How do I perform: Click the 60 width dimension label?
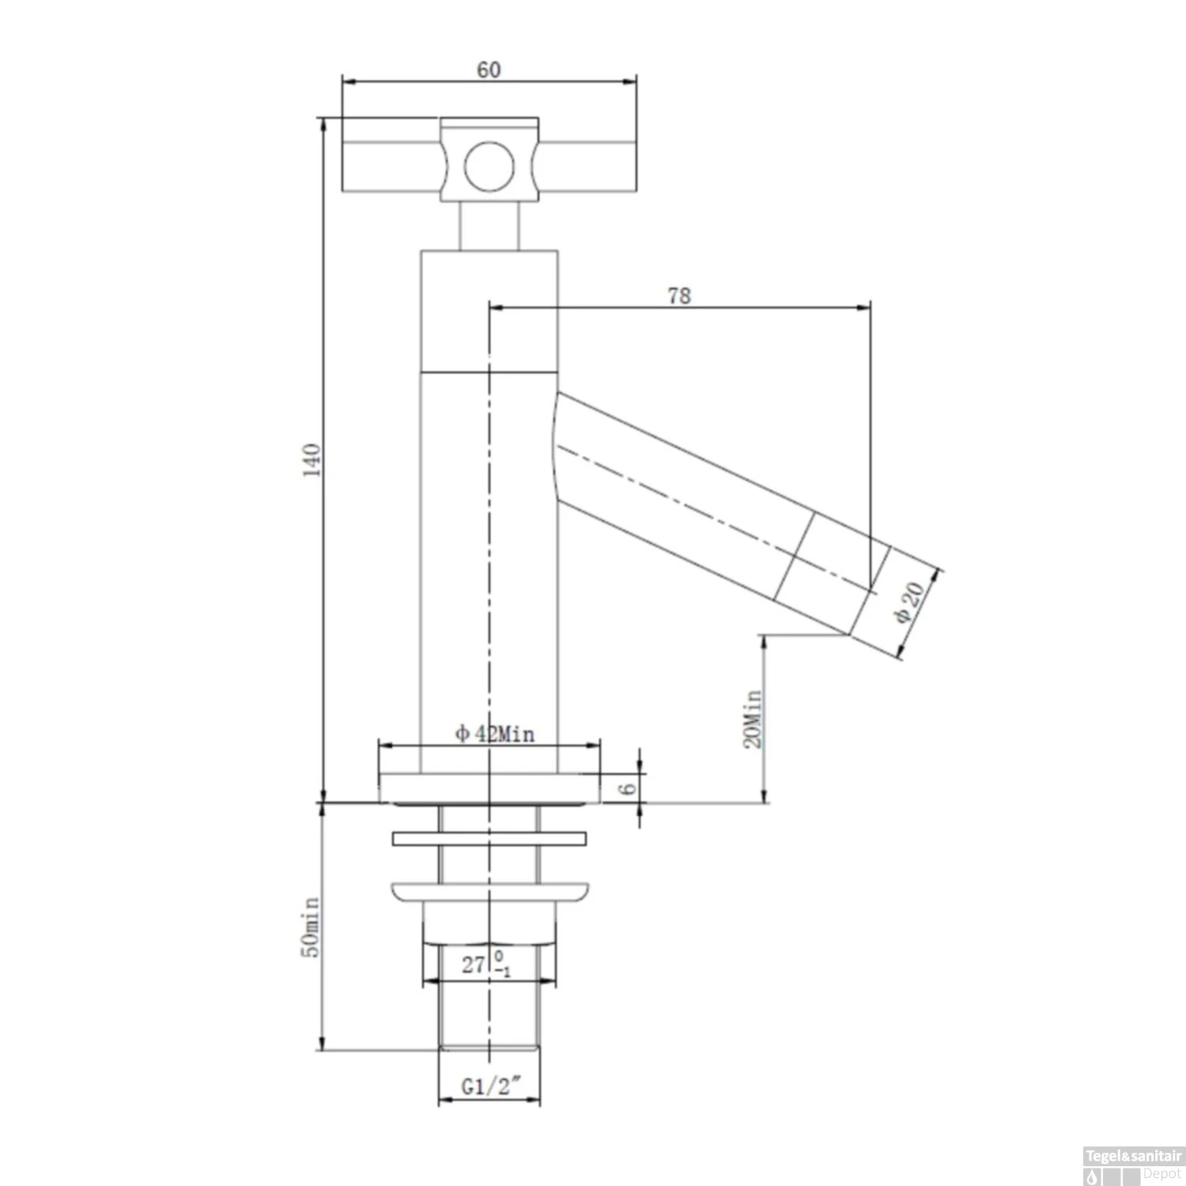point(489,70)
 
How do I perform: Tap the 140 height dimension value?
point(313,460)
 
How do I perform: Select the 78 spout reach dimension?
point(679,296)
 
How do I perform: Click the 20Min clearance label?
point(752,719)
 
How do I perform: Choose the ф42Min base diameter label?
point(495,735)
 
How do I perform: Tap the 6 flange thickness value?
point(628,788)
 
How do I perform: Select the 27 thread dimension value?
point(474,965)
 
